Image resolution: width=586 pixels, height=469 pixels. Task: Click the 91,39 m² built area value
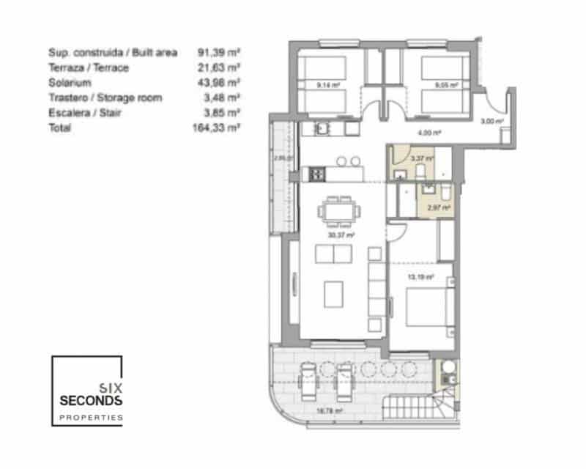click(219, 53)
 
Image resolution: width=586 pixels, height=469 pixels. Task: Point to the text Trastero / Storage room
click(105, 97)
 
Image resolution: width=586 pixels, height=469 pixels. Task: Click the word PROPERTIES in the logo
click(91, 418)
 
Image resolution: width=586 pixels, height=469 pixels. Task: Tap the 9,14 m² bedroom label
click(327, 85)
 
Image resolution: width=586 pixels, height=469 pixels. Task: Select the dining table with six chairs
click(339, 212)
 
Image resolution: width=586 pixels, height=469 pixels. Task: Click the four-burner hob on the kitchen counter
click(316, 174)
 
